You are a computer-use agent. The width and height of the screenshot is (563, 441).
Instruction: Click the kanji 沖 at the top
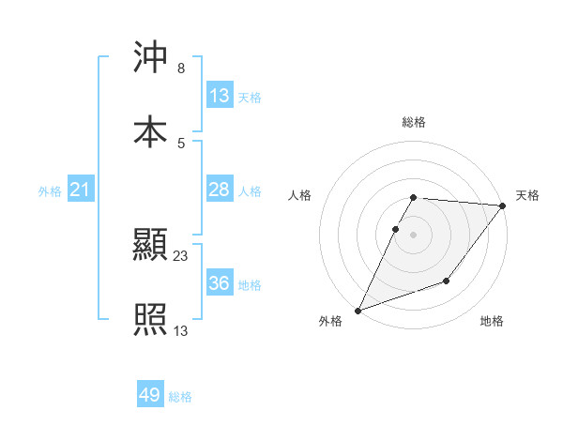click(150, 58)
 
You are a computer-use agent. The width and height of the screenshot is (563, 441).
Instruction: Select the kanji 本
click(150, 131)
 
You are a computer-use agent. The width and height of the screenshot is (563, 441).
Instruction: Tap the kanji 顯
click(150, 246)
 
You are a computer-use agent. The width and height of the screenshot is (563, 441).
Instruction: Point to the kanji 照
click(150, 320)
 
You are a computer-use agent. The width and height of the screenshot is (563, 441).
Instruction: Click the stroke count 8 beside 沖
click(180, 68)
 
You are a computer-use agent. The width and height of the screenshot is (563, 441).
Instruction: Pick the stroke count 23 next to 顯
click(181, 255)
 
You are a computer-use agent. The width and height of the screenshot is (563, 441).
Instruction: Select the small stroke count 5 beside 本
click(180, 143)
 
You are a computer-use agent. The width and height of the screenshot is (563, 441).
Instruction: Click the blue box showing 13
click(220, 96)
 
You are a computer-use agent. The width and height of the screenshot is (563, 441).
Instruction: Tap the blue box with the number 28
click(220, 190)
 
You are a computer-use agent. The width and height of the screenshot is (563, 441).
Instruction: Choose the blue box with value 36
click(220, 283)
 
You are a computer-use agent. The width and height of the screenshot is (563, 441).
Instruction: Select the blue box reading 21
click(81, 190)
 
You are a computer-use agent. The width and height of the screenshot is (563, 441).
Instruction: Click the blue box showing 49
click(150, 395)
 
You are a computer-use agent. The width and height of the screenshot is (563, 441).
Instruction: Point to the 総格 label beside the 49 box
click(181, 397)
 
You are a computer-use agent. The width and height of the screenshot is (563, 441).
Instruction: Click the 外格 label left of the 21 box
click(50, 191)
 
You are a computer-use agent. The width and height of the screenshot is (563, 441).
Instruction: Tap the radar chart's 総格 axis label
click(414, 122)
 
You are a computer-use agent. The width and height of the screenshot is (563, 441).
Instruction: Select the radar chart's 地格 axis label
click(492, 322)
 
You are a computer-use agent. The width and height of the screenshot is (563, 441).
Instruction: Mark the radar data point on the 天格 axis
click(503, 205)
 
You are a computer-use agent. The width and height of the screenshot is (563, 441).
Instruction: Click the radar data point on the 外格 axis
click(358, 311)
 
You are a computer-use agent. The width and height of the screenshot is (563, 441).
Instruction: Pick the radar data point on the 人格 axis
click(396, 229)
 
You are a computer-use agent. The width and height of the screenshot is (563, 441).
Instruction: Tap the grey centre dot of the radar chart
click(414, 235)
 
